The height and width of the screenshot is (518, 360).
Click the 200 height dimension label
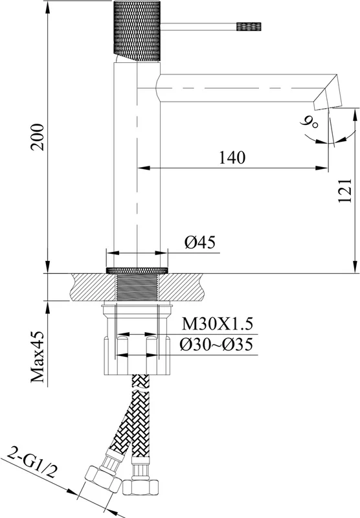(37, 137)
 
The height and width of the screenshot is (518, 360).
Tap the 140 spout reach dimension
(232, 157)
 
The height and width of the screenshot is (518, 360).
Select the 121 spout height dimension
(345, 190)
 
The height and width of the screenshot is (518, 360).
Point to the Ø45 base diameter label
(200, 242)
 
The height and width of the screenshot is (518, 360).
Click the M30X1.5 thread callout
(218, 324)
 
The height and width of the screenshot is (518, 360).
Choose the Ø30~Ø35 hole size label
(216, 344)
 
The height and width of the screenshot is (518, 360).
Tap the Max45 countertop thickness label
(38, 357)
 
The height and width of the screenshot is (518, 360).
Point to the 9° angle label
(309, 122)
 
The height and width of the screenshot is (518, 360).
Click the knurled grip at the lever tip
(249, 27)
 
